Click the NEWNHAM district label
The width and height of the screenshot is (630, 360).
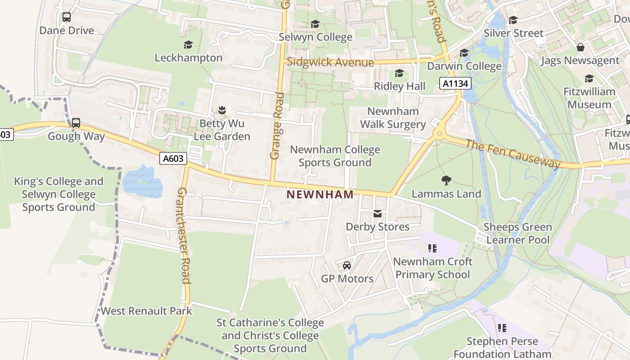pos(320,194)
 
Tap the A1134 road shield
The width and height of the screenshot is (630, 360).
pos(455,83)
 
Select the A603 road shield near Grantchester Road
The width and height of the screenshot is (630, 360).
pos(173,158)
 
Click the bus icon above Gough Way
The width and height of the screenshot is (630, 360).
pos(76,123)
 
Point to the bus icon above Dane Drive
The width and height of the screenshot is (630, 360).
pos(67,17)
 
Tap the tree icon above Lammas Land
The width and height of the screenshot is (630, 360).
pos(446,180)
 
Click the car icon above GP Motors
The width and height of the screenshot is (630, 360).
pos(347,265)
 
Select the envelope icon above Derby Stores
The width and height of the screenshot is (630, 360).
pos(378,214)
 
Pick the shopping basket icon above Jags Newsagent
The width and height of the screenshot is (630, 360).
pos(580,47)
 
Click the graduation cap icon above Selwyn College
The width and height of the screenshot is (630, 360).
pos(315,24)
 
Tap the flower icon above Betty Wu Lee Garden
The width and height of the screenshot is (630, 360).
pos(221,110)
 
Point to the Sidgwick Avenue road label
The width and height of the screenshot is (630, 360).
pos(330,62)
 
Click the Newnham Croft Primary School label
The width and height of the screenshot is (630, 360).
pos(432,268)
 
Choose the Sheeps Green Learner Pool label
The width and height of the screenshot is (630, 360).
pos(517,233)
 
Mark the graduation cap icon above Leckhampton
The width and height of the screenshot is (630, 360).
pos(188,45)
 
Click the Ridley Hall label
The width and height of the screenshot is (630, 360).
pos(400,86)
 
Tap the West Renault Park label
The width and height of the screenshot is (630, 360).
pos(146,311)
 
